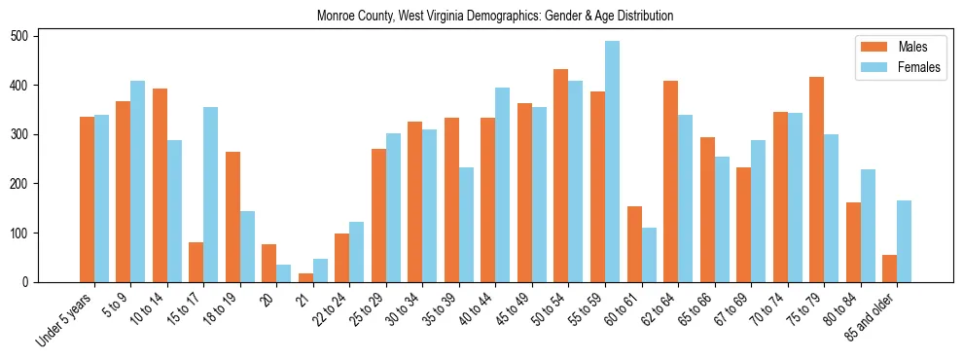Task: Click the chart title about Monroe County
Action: (x=495, y=17)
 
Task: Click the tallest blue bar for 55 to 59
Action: (x=612, y=162)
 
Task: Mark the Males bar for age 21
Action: (x=305, y=278)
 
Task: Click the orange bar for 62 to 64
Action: (x=670, y=194)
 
